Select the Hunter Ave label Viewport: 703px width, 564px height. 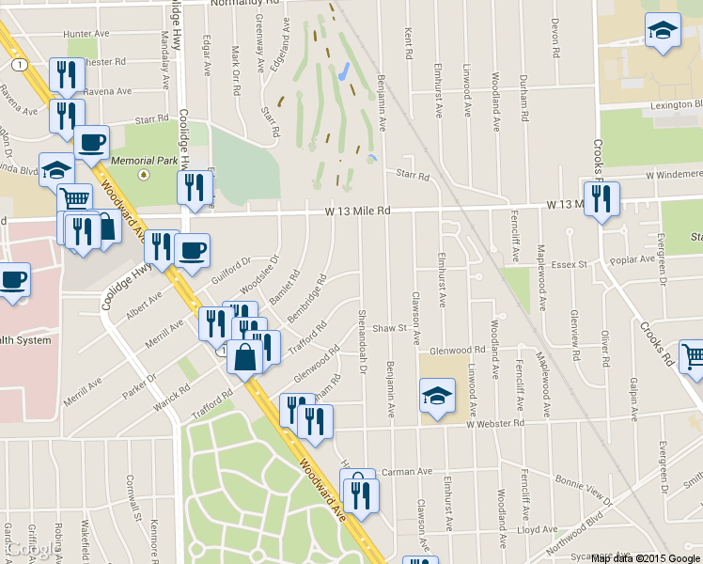[86, 34]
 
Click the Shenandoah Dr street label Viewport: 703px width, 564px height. [362, 342]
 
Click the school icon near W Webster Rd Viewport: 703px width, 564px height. [437, 396]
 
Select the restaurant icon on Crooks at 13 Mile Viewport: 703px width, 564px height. [601, 198]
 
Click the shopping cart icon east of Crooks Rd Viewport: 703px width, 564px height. [693, 356]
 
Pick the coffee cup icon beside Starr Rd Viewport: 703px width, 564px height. [92, 142]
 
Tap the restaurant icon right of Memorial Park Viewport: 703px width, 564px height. [195, 186]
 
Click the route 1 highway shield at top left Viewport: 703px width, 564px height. [18, 64]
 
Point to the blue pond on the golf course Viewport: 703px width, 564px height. [344, 70]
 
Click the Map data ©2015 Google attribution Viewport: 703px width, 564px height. [646, 558]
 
